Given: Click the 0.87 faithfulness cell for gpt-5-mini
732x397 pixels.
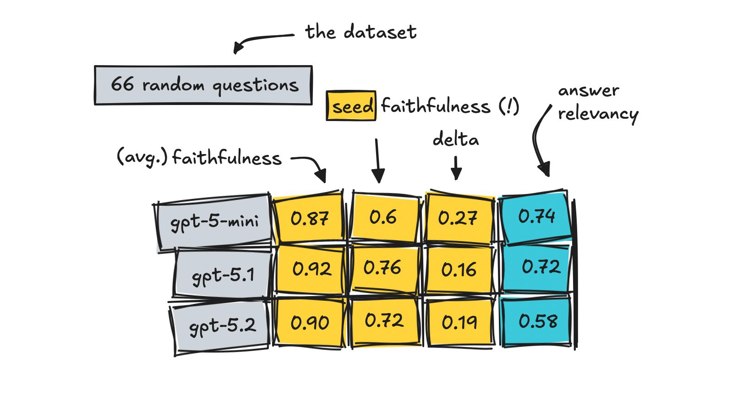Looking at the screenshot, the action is coord(309,219).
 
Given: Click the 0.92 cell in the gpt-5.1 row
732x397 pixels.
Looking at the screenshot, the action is coord(311,269).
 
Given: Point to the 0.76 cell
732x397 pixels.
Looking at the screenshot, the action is coord(384,268).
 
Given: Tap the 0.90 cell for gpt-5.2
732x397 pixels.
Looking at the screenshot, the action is coord(310,322).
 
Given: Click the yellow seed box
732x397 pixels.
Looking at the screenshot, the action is coord(351,105).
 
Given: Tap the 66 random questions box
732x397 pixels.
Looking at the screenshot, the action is coord(203,85).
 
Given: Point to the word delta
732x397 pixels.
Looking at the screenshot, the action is coord(456,138).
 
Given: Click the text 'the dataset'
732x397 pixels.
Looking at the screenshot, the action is coord(361,32).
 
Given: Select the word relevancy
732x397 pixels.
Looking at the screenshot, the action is coord(598,115).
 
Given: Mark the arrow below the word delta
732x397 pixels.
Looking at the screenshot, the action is coord(456,167).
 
